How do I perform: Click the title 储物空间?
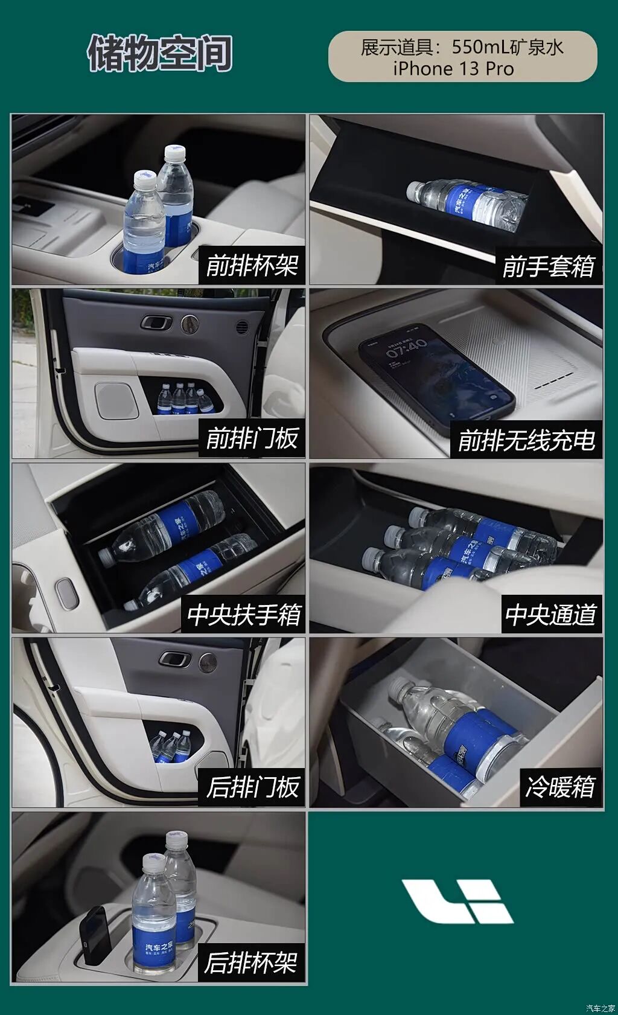click(x=160, y=53)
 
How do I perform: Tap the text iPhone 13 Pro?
click(x=453, y=69)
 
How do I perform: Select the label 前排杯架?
click(x=252, y=266)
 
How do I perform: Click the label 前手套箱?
click(x=549, y=266)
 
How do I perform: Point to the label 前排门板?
click(x=252, y=438)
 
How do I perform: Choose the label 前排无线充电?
click(x=526, y=440)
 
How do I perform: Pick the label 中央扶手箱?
click(x=244, y=615)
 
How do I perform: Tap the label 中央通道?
click(x=550, y=615)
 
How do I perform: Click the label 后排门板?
click(x=252, y=787)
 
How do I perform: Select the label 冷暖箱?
click(x=561, y=787)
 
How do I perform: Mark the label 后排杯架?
click(x=250, y=962)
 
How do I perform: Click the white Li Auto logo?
click(x=457, y=901)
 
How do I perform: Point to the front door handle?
click(x=157, y=322)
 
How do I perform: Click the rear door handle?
click(x=175, y=659)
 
